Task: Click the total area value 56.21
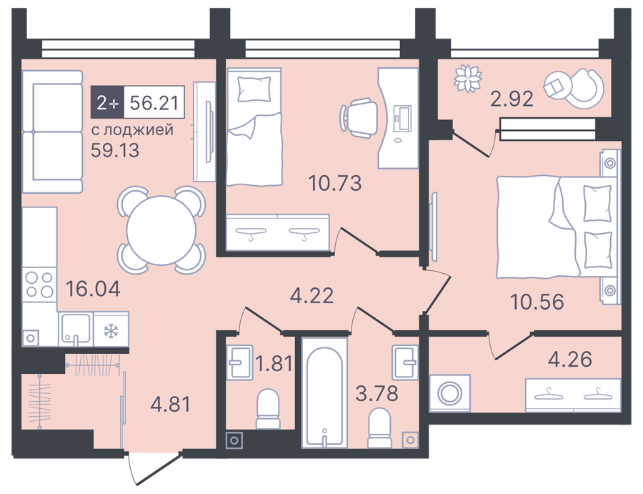(154, 102)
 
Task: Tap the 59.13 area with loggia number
(115, 151)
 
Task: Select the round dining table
(161, 230)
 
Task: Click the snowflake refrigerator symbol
(110, 331)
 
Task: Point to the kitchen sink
(76, 328)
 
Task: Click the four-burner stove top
(39, 285)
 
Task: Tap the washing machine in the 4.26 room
(450, 393)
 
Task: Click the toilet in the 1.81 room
(268, 409)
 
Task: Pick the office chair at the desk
(359, 117)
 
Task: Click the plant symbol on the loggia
(467, 77)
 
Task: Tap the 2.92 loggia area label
(512, 99)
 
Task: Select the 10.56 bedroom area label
(537, 302)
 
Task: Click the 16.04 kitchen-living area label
(93, 289)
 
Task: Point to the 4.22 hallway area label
(311, 295)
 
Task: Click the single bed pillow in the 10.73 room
(254, 89)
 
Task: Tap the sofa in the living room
(52, 132)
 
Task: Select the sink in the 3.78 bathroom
(405, 362)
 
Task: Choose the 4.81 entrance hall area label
(171, 405)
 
